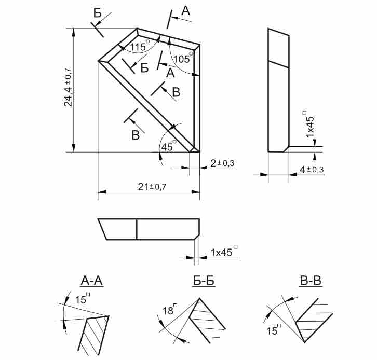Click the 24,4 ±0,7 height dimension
[68, 88]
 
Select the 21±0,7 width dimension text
[152, 187]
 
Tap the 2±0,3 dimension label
[222, 163]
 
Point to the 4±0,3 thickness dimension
[312, 170]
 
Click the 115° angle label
[140, 46]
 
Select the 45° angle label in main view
[169, 146]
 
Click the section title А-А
[92, 281]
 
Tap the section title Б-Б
[204, 281]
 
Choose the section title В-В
[311, 281]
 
